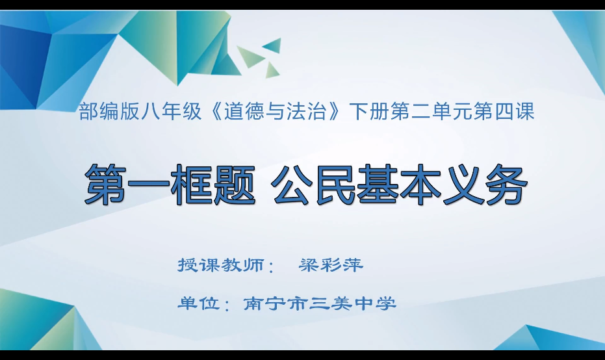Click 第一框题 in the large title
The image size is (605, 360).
tap(170, 184)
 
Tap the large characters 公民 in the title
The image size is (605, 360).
tap(313, 184)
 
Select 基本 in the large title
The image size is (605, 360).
tap(398, 184)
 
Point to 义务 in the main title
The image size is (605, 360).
tap(485, 184)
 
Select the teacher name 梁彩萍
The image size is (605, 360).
tap(331, 264)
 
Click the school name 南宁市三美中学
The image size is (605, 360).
tap(320, 303)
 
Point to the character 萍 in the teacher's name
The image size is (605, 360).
tap(353, 264)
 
